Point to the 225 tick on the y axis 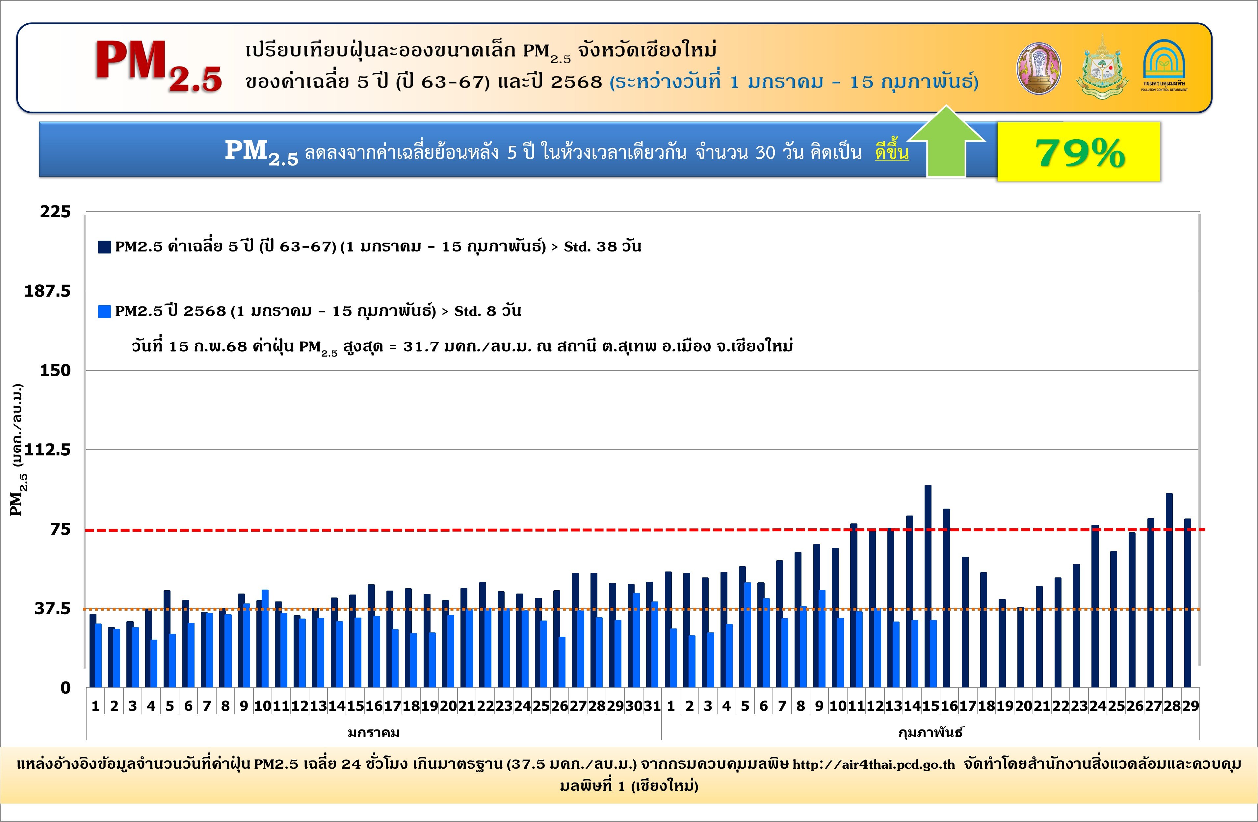(x=55, y=211)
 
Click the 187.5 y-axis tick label (x=48, y=291)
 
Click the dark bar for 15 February (x=928, y=587)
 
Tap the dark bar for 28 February (x=1169, y=591)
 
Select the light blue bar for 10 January (x=265, y=639)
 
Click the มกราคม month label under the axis (x=373, y=733)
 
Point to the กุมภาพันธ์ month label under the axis (x=930, y=733)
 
